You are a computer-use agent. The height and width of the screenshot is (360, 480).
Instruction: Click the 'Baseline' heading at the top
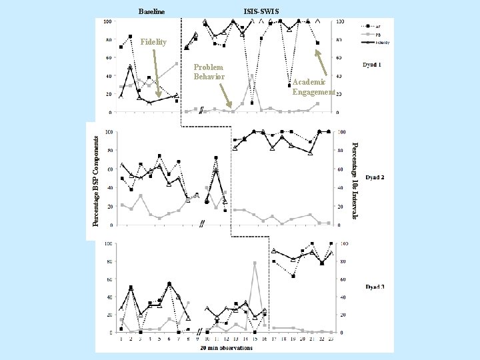coord(151,11)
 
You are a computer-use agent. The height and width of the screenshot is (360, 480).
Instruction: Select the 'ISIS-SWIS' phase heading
coord(261,11)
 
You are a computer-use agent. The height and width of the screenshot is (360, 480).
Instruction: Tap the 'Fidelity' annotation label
coord(154,42)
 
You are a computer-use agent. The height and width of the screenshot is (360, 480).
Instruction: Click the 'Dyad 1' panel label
coord(372,65)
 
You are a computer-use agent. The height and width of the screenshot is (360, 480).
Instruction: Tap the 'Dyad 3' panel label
coord(374,287)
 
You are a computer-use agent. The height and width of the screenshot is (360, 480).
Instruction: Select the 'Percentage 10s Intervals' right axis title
coord(355,180)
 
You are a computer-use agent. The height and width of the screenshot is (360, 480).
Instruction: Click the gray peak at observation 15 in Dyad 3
coord(255,263)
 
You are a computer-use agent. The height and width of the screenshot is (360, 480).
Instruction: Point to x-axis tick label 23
coord(331,339)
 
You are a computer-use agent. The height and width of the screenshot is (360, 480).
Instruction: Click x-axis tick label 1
coord(121,339)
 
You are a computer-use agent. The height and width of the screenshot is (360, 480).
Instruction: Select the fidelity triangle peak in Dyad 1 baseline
coord(131,67)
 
